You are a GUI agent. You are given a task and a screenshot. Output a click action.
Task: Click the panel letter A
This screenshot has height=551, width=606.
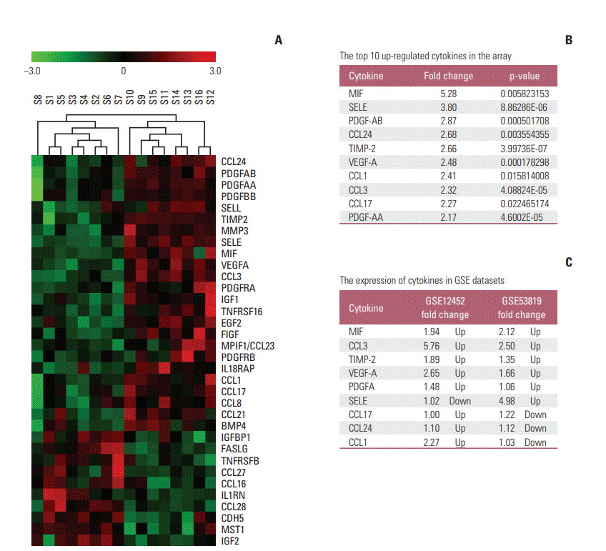point(279,41)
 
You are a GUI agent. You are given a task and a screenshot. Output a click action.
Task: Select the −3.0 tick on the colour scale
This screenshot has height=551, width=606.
point(31,71)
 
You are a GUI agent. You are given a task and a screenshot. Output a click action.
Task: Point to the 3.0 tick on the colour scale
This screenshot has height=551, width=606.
point(215,71)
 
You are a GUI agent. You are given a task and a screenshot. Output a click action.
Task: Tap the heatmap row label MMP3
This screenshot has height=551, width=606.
point(234,231)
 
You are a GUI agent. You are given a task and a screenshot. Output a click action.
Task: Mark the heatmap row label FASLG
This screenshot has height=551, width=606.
point(234,449)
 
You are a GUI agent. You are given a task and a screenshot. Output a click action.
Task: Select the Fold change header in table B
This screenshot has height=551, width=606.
point(448,76)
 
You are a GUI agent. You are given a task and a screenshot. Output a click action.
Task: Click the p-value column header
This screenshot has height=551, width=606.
point(525,76)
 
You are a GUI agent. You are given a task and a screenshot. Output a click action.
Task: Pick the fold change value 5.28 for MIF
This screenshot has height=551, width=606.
point(448,94)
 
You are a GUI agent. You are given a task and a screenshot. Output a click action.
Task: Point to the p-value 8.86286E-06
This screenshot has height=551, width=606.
point(525,107)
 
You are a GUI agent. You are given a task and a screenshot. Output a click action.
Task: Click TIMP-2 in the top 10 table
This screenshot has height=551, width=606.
point(362,148)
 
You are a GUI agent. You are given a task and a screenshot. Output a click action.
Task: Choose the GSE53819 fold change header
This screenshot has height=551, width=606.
point(522,308)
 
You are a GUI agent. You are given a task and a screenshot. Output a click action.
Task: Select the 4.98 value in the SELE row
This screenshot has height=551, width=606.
point(508,401)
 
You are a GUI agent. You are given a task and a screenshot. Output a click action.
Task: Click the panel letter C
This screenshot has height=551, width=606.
point(569,262)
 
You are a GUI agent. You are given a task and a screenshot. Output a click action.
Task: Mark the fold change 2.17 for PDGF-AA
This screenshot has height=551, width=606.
point(448,217)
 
